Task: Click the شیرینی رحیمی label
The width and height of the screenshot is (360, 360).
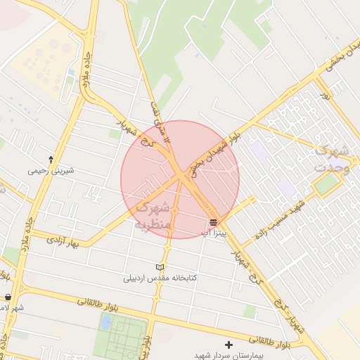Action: [x=51, y=170]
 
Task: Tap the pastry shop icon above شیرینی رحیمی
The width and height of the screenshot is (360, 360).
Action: [x=51, y=160]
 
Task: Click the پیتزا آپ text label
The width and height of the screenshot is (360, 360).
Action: [x=213, y=232]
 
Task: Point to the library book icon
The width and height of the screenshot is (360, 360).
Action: [x=160, y=267]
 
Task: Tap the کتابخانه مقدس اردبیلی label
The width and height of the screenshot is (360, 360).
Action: [x=160, y=278]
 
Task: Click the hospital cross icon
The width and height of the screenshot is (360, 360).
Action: [x=228, y=345]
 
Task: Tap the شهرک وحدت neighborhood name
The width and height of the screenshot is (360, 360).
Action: [x=331, y=158]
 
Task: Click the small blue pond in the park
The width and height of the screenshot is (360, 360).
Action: [x=105, y=322]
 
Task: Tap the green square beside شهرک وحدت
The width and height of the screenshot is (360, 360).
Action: [x=326, y=184]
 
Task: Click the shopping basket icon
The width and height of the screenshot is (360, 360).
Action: [x=8, y=297]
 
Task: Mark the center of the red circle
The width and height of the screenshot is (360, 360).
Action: [x=180, y=179]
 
